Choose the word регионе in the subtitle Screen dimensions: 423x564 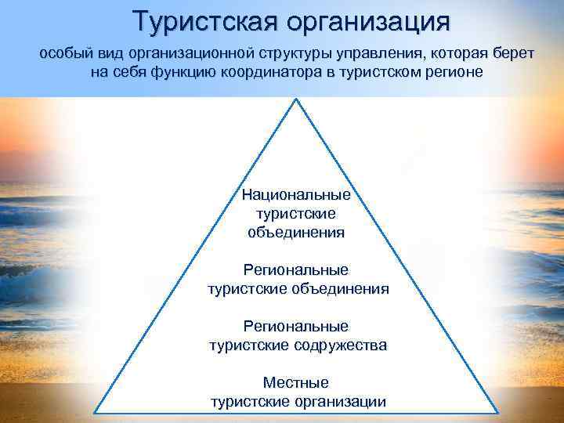point(453,71)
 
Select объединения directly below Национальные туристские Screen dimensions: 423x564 point(296,232)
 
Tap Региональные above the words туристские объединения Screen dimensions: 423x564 point(296,269)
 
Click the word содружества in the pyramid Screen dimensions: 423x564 point(342,345)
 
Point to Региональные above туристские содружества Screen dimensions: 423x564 point(296,326)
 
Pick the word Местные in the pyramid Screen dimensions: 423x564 point(296,383)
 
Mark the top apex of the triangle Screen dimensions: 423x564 point(296,99)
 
